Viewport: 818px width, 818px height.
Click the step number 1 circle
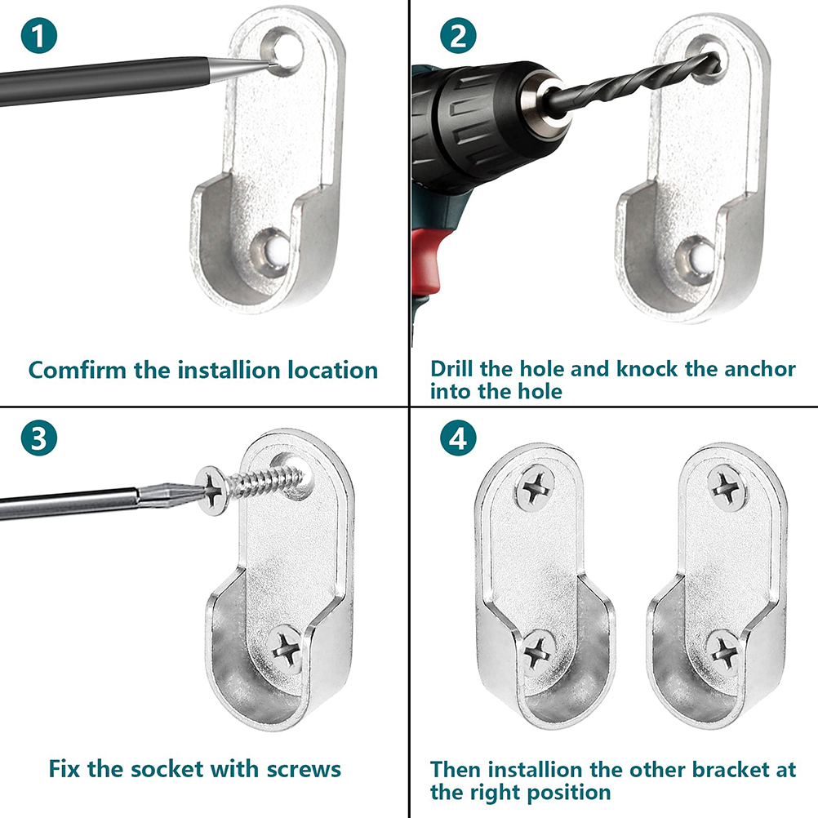pyautogui.click(x=39, y=35)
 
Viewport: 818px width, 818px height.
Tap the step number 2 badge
pyautogui.click(x=458, y=35)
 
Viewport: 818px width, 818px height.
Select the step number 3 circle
pyautogui.click(x=39, y=438)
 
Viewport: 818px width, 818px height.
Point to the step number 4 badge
pyautogui.click(x=458, y=438)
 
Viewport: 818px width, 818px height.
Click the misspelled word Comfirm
pyautogui.click(x=78, y=370)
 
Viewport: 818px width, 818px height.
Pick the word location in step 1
pyautogui.click(x=333, y=370)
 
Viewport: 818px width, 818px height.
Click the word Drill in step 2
pyautogui.click(x=451, y=368)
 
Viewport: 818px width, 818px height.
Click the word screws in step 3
pyautogui.click(x=304, y=770)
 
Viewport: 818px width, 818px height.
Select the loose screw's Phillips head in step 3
pyautogui.click(x=212, y=491)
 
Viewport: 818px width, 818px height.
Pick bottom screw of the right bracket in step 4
pyautogui.click(x=723, y=652)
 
